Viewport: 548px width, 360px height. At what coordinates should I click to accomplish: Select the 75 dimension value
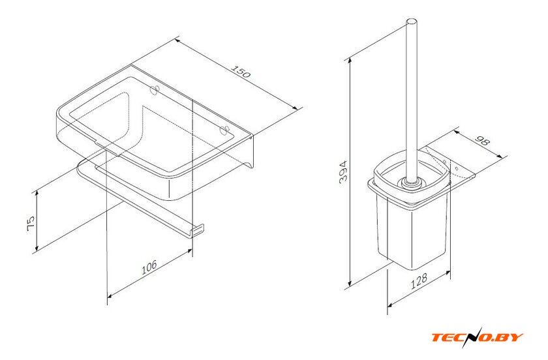click(31, 223)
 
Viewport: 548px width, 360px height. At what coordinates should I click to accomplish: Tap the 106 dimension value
click(149, 267)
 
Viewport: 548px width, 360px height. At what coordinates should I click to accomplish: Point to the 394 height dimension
click(344, 172)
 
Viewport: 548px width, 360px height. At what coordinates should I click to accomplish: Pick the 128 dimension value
click(418, 280)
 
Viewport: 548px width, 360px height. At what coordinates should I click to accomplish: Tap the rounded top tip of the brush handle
click(412, 21)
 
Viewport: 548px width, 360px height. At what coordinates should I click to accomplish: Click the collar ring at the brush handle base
click(410, 183)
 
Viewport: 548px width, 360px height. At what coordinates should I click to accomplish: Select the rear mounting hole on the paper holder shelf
click(155, 89)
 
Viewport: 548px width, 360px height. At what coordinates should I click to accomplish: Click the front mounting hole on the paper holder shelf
click(224, 129)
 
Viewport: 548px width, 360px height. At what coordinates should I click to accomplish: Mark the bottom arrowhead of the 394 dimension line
click(350, 284)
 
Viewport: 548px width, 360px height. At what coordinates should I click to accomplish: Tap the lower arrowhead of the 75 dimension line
click(37, 247)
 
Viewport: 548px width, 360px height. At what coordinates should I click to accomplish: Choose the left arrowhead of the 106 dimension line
click(110, 296)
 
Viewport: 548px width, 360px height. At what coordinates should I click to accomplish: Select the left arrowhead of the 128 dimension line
click(391, 305)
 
